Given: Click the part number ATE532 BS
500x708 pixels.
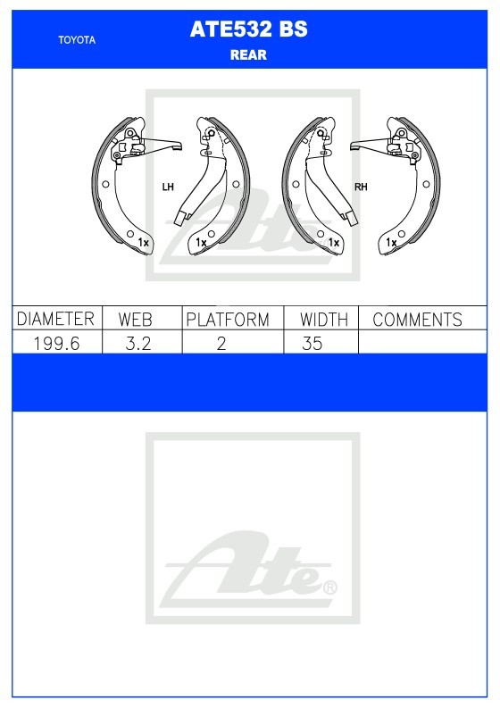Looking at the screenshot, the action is pos(248,29).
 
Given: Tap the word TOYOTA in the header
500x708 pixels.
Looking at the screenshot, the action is pos(77,40).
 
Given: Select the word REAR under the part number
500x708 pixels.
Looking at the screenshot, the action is pos(248,55).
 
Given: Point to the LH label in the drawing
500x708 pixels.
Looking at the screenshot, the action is pos(168,187).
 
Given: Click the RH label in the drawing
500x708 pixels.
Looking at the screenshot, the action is pos(361,187).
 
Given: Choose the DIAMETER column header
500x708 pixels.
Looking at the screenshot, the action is pos(55,319).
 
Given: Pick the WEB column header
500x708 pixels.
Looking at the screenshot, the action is pos(136,320).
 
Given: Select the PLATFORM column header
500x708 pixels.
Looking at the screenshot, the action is pos(228,320).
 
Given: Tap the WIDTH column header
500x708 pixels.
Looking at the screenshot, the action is pos(324,320).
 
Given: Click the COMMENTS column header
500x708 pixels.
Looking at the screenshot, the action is pos(417,320).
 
